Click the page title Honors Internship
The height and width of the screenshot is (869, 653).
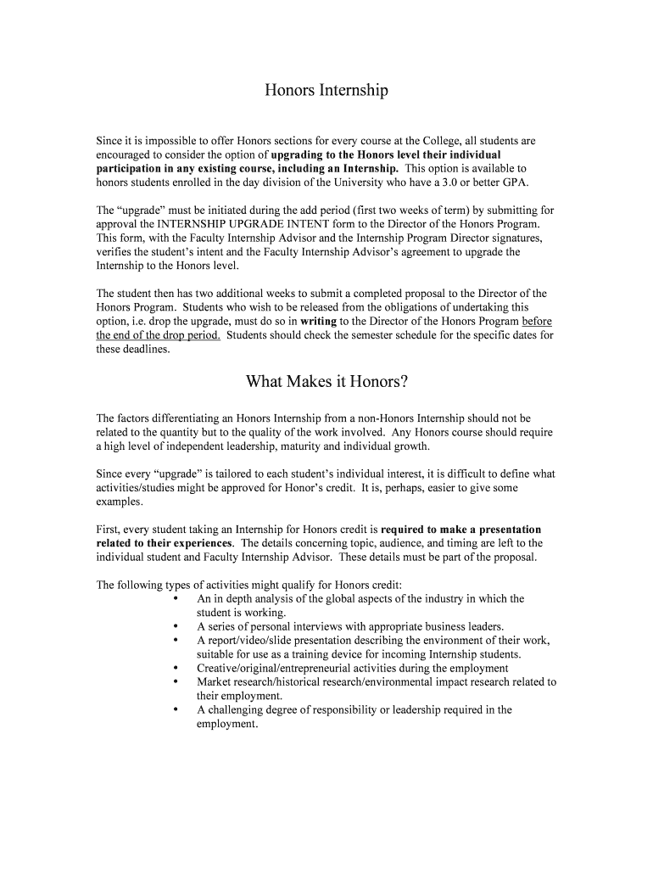[x=326, y=91]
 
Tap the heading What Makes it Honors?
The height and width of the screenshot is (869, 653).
[x=326, y=382]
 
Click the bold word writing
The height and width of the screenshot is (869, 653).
[x=318, y=322]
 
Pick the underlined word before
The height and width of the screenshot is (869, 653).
[x=538, y=322]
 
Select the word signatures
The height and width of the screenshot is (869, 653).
[x=504, y=238]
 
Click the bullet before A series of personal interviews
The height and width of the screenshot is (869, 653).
[x=174, y=626]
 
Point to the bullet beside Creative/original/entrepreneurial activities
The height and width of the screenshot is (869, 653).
[x=174, y=668]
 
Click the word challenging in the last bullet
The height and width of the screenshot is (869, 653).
[x=239, y=709]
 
